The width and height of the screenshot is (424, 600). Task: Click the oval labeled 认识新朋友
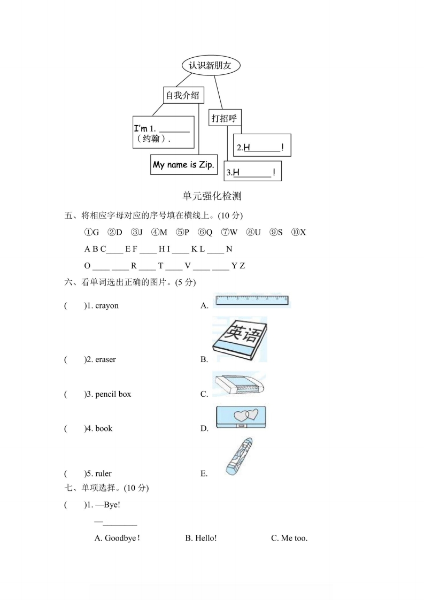(211, 65)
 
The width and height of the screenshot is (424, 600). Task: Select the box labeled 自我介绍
(182, 95)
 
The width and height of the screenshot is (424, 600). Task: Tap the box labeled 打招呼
(223, 118)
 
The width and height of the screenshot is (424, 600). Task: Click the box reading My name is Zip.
(183, 165)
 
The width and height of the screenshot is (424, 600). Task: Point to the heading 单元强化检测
(212, 196)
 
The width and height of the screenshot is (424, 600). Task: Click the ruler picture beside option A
(251, 301)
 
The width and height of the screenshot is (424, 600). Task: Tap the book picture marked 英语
(240, 340)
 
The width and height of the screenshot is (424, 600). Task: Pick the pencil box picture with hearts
(241, 418)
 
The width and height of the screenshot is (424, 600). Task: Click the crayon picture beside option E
(238, 456)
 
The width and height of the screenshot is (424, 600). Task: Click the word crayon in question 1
(107, 306)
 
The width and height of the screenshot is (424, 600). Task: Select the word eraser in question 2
(105, 359)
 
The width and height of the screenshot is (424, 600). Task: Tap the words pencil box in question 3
(113, 394)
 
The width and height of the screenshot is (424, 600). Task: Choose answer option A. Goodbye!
(117, 538)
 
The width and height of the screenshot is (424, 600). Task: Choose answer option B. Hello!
(201, 538)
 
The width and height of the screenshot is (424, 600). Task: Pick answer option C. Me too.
(289, 538)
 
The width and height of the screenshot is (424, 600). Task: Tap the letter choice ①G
(92, 232)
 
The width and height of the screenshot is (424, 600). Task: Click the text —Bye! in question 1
(107, 505)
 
